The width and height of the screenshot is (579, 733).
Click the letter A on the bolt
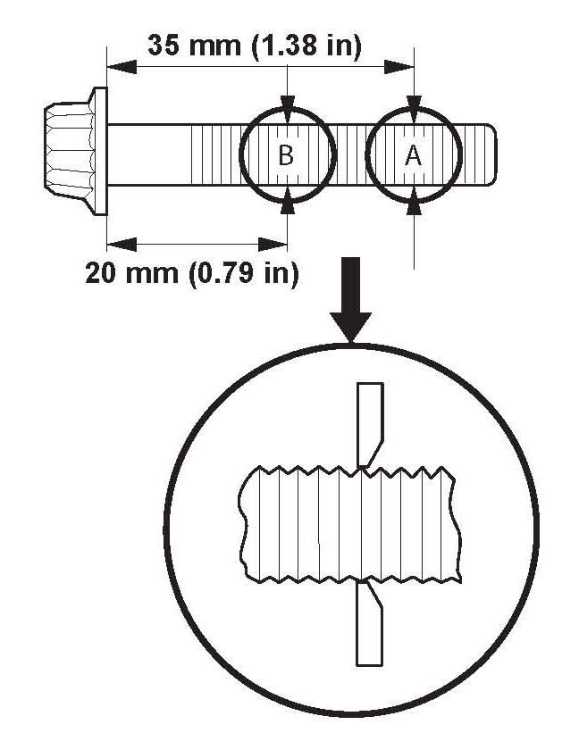(x=413, y=156)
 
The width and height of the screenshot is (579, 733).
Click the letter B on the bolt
(x=286, y=156)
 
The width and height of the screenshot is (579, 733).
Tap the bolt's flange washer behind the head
(x=98, y=151)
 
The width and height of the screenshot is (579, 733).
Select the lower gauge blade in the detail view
(x=369, y=625)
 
